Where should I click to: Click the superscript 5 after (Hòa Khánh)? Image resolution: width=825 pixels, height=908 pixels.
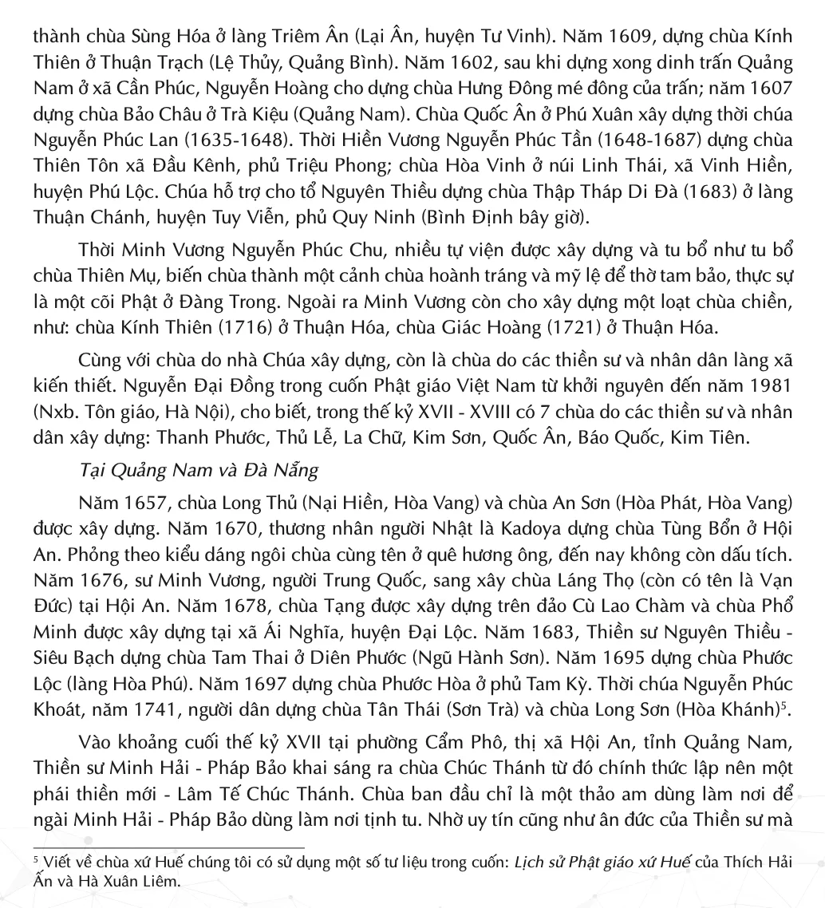click(783, 706)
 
